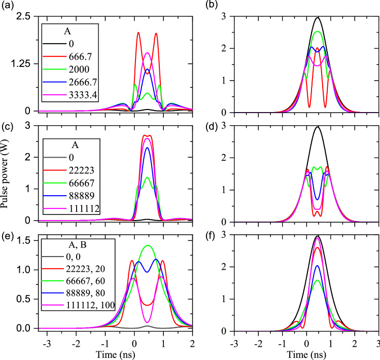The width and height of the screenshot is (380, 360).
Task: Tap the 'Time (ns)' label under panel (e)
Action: (x=106, y=353)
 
